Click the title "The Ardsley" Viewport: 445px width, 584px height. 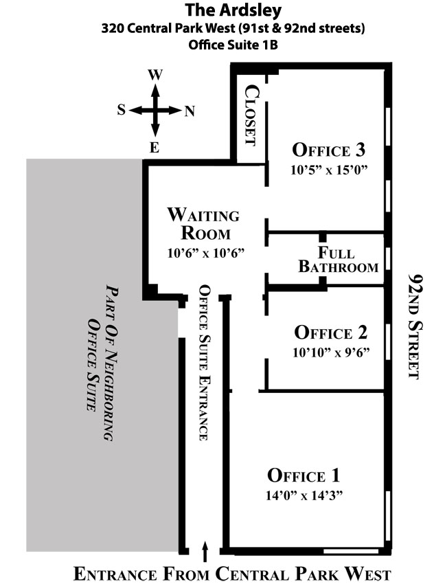coord(233,10)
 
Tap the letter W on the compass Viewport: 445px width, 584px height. coord(155,75)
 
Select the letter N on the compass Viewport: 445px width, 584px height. coord(190,111)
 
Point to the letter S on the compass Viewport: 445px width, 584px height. coord(122,110)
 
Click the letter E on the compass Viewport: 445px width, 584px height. coord(155,148)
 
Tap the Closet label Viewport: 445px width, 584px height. coord(251,115)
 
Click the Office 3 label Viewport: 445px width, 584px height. coord(328,150)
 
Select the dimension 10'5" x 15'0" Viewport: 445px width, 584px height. coord(329,170)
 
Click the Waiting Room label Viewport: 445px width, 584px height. coord(204,223)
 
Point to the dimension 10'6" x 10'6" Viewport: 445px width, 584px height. coord(206,254)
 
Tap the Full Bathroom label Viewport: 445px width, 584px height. coord(338,260)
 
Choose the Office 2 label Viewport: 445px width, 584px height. coord(331,333)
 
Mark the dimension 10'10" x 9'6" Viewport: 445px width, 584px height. coord(331,352)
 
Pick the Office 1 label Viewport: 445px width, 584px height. coord(304,475)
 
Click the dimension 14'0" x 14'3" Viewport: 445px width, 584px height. coord(304,495)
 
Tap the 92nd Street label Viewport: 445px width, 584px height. coord(415,326)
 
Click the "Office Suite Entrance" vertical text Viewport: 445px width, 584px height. coord(205,363)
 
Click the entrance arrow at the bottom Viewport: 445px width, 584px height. coord(205,552)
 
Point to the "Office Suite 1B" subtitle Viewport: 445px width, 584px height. coord(233,45)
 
